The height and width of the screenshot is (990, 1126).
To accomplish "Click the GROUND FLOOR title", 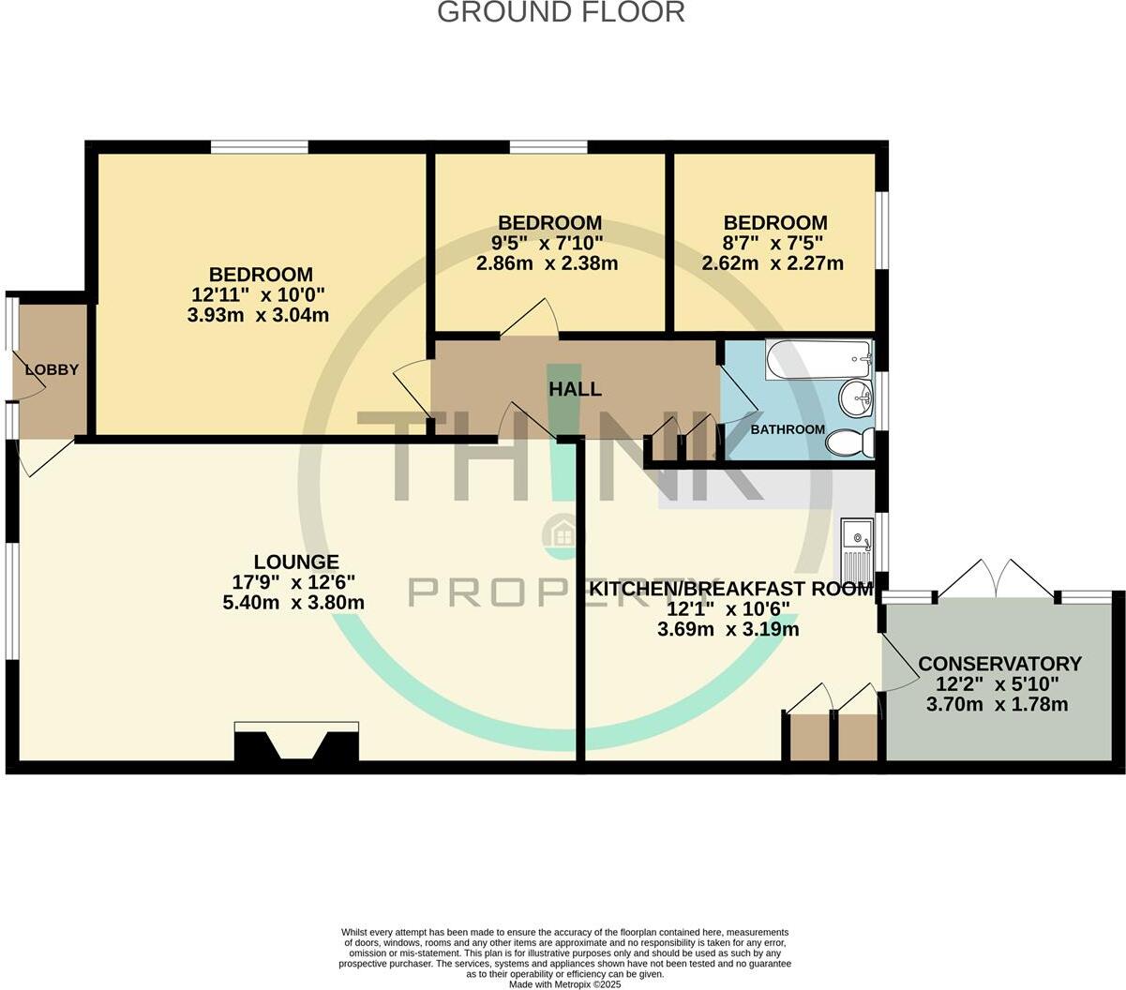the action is pyautogui.click(x=561, y=12).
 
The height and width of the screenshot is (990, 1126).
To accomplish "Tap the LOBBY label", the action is pyautogui.click(x=52, y=369).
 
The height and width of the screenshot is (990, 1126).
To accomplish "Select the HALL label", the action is pyautogui.click(x=575, y=389).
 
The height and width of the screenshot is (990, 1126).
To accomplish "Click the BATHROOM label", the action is pyautogui.click(x=788, y=429).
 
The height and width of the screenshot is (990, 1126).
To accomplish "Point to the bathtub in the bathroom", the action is pyautogui.click(x=818, y=360).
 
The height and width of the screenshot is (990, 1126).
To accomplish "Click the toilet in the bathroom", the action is pyautogui.click(x=849, y=443).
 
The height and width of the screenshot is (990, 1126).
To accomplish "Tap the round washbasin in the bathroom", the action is pyautogui.click(x=856, y=399).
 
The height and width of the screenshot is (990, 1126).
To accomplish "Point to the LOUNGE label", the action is pyautogui.click(x=296, y=562).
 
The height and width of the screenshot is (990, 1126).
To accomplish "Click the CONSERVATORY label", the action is pyautogui.click(x=999, y=664).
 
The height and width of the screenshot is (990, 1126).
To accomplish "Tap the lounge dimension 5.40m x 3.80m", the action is pyautogui.click(x=293, y=602).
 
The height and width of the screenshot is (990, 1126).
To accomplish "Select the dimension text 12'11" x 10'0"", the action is pyautogui.click(x=258, y=294).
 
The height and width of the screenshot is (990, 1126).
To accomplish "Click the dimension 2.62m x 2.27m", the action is pyautogui.click(x=773, y=262).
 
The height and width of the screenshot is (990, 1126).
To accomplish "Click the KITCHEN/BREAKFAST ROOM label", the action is pyautogui.click(x=731, y=588).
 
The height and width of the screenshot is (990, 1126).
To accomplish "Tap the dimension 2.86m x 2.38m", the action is pyautogui.click(x=547, y=262).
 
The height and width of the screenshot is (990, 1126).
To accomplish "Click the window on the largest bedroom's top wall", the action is pyautogui.click(x=259, y=147).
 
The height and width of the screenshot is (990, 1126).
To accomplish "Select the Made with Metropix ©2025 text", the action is pyautogui.click(x=564, y=984).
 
